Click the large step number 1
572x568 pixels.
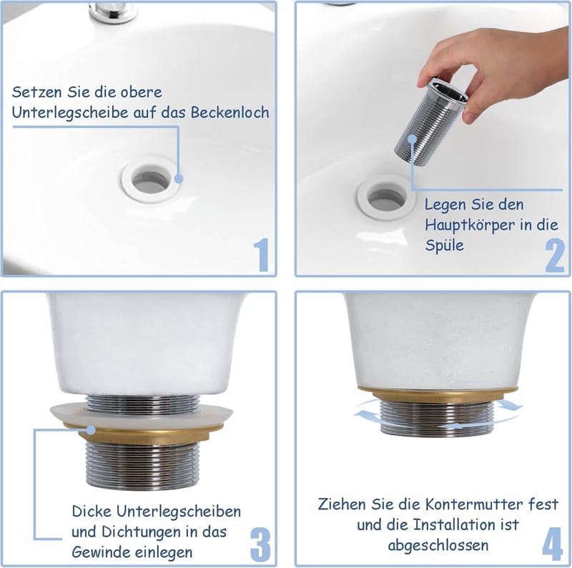click(x=262, y=255)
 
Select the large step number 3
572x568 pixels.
click(x=260, y=545)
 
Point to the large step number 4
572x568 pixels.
click(x=552, y=544)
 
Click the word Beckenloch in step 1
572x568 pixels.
click(x=230, y=112)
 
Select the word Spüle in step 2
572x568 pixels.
click(x=444, y=245)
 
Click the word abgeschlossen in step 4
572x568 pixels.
click(x=438, y=545)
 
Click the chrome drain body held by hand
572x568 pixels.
click(x=430, y=121)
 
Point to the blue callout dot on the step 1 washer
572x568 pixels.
click(x=178, y=179)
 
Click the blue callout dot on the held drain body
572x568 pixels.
click(x=413, y=139)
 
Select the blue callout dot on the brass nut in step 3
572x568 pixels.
click(x=91, y=430)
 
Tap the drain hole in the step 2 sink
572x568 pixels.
click(x=385, y=198)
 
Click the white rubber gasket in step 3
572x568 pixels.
click(x=142, y=413)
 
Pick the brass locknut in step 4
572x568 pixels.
click(x=437, y=393)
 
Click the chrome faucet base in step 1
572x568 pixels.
click(x=114, y=13)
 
